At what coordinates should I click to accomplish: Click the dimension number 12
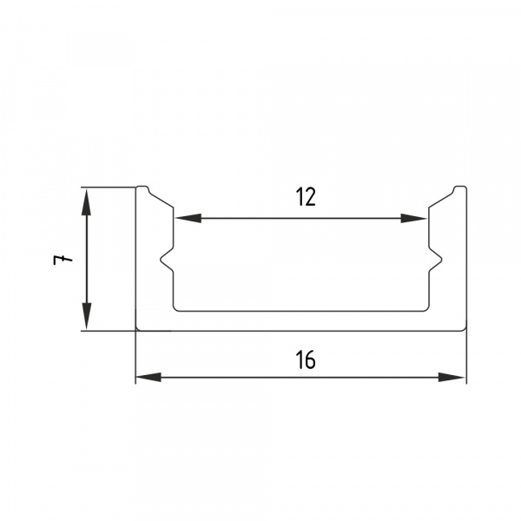pos(306,197)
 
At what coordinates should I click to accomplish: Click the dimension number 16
pos(306,359)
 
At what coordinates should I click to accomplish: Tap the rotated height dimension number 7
pos(63,260)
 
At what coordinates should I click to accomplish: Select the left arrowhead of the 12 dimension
pos(188,218)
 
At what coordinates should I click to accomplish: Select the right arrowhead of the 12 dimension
pos(414,218)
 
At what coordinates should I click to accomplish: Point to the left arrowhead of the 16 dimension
pos(148,377)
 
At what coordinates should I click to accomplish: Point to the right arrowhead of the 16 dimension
pos(452,377)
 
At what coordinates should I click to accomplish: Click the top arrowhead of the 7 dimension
pos(86,202)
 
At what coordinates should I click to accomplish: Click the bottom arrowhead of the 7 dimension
pos(86,316)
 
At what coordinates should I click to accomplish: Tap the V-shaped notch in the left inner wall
pos(167,260)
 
